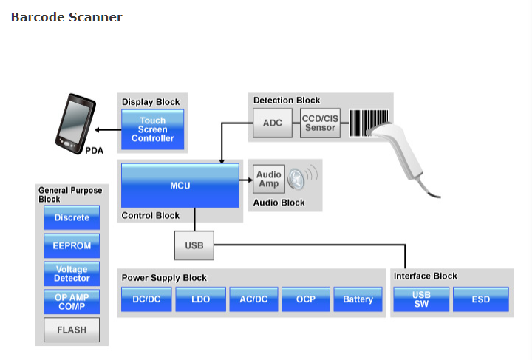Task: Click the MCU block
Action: (180, 186)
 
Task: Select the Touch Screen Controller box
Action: (153, 129)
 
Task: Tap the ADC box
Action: (273, 123)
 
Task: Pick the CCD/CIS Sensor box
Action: (320, 123)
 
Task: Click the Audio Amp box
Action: (269, 179)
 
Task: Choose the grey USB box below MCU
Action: (194, 245)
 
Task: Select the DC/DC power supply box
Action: (146, 299)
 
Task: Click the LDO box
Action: (200, 299)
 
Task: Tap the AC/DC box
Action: (253, 299)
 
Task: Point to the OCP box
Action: (306, 299)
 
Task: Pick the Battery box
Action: (358, 299)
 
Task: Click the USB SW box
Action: (421, 299)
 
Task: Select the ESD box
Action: (481, 299)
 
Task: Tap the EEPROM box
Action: (72, 245)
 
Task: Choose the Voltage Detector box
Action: (72, 274)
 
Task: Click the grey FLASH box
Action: (72, 330)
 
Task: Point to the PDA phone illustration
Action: (75, 123)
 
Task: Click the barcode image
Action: (369, 123)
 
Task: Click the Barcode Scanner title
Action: (66, 17)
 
